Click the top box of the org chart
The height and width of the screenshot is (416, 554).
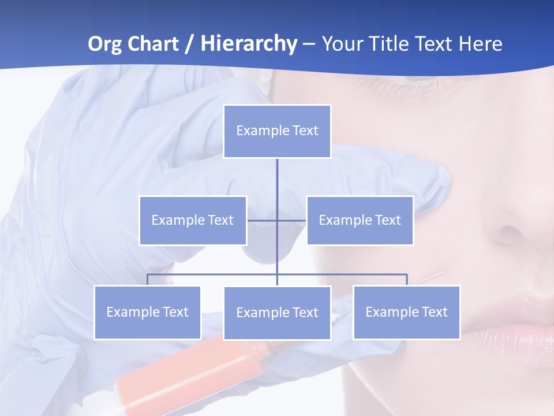pyautogui.click(x=277, y=131)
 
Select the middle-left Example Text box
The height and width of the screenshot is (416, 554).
pyautogui.click(x=193, y=220)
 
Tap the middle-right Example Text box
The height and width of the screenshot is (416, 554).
pyautogui.click(x=360, y=220)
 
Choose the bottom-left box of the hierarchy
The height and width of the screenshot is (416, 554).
pyautogui.click(x=148, y=313)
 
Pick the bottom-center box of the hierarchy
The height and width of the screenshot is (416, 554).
pyautogui.click(x=277, y=313)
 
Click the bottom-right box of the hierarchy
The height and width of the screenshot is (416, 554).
pyautogui.click(x=406, y=313)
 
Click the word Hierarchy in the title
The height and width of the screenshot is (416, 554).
pyautogui.click(x=249, y=44)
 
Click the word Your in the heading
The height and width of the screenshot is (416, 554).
pyautogui.click(x=341, y=44)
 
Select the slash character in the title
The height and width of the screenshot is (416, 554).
pyautogui.click(x=189, y=44)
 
